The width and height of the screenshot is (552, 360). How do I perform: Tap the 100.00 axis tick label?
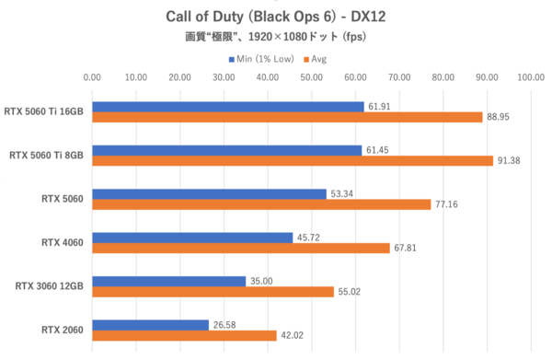click(531, 78)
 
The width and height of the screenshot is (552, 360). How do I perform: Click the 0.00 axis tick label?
click(92, 78)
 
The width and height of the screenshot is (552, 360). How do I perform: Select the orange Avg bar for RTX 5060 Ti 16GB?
click(287, 117)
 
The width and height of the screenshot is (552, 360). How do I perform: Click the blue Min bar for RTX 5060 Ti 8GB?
click(227, 150)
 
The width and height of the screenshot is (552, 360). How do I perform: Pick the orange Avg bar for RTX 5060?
click(261, 204)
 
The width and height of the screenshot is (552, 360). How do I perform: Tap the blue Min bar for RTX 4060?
click(192, 238)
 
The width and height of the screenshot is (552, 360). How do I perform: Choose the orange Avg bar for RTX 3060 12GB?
click(213, 291)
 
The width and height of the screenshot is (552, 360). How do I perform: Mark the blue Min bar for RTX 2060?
click(150, 324)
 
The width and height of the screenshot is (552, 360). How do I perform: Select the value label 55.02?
click(351, 291)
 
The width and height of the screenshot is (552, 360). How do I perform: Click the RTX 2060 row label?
click(63, 329)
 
